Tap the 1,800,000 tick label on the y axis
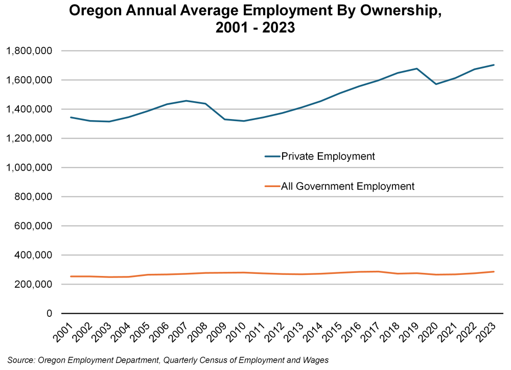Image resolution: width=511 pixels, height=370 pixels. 30,51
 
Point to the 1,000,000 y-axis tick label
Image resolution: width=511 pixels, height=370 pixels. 30,168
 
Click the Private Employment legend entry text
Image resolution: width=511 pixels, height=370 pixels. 328,156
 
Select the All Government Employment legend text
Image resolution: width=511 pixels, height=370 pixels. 347,187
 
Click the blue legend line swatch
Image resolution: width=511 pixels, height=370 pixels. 272,156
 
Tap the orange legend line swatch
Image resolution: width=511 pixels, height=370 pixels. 272,187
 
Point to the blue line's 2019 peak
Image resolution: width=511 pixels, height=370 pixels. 417,68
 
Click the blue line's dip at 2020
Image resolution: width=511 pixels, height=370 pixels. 436,84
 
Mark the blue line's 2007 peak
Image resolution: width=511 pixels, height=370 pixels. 186,101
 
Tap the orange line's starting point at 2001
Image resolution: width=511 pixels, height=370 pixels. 71,276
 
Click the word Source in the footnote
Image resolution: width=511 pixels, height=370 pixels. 21,361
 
